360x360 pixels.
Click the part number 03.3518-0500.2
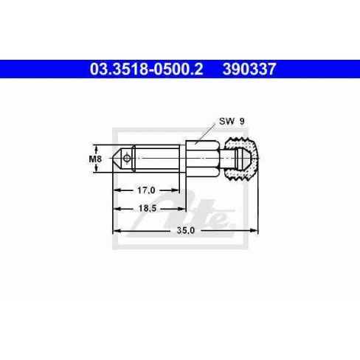(146, 69)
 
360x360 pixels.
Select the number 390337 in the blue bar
(249, 69)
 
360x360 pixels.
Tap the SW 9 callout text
(232, 121)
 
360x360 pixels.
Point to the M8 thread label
(95, 159)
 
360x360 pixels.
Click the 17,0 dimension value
(146, 190)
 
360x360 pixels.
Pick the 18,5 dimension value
(148, 208)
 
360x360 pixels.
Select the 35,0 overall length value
(186, 230)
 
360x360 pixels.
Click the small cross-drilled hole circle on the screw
(127, 158)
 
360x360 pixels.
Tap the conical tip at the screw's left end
(117, 159)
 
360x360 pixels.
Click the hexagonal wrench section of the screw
(202, 159)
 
